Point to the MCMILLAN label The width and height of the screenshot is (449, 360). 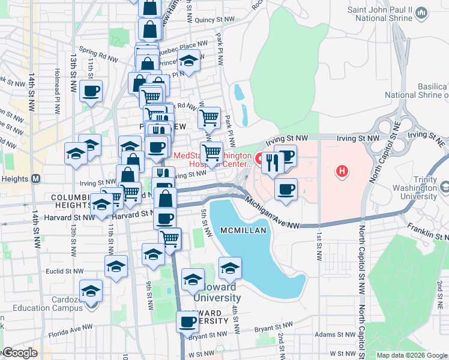point(240,231)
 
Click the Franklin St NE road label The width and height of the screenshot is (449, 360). point(428,227)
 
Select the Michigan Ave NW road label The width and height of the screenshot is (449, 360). point(273,215)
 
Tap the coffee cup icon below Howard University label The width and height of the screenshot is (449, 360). point(187,323)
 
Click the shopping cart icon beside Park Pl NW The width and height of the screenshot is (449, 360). point(209,118)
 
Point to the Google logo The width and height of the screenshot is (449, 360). point(19,353)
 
